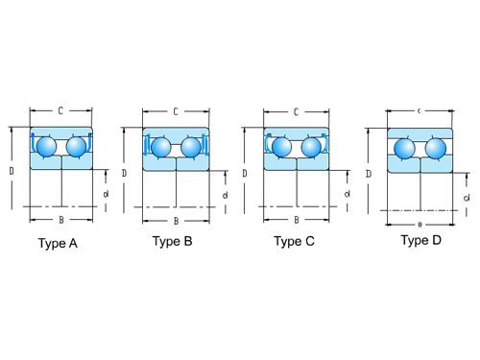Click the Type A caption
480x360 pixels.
click(x=58, y=244)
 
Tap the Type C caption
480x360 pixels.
click(x=294, y=242)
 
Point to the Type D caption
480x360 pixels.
click(x=421, y=240)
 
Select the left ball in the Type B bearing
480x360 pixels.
click(x=160, y=147)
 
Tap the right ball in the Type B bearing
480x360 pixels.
click(x=191, y=147)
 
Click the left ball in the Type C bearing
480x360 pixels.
click(x=281, y=147)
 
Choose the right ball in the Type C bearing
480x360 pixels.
click(x=311, y=147)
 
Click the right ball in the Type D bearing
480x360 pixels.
click(x=436, y=148)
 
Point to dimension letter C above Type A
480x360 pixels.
click(x=61, y=111)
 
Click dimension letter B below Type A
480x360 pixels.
click(x=61, y=220)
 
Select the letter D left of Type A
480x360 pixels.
click(x=12, y=170)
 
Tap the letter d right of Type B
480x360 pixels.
click(x=225, y=196)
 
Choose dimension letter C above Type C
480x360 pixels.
click(x=296, y=111)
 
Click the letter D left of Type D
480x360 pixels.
click(x=369, y=174)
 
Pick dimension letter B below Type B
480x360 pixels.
click(x=176, y=221)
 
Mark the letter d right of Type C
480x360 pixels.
click(x=347, y=195)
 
